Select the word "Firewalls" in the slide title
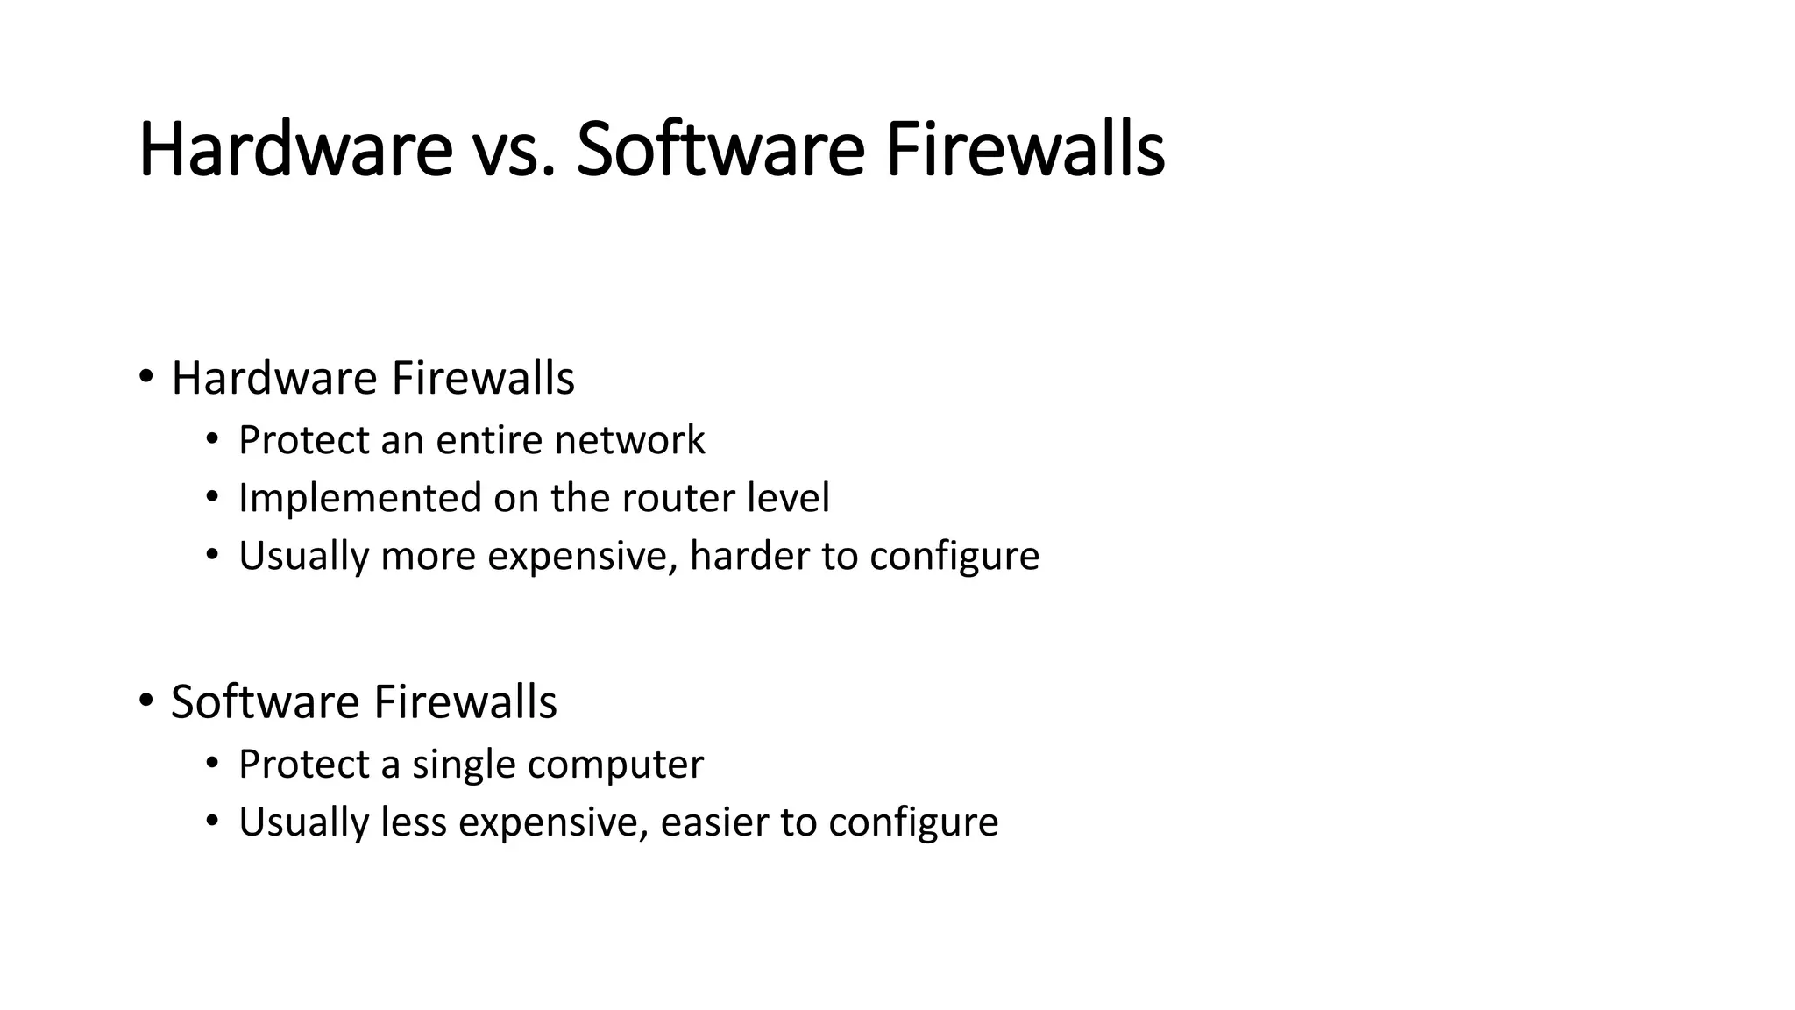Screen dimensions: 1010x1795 coord(1025,151)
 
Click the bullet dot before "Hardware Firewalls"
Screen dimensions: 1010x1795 coord(145,378)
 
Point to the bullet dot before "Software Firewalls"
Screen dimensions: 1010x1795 coord(145,701)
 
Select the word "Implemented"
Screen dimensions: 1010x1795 coord(360,498)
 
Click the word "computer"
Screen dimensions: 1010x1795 coord(615,765)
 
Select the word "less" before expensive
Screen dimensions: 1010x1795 coord(414,822)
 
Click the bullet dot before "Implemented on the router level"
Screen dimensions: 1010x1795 coord(212,498)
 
